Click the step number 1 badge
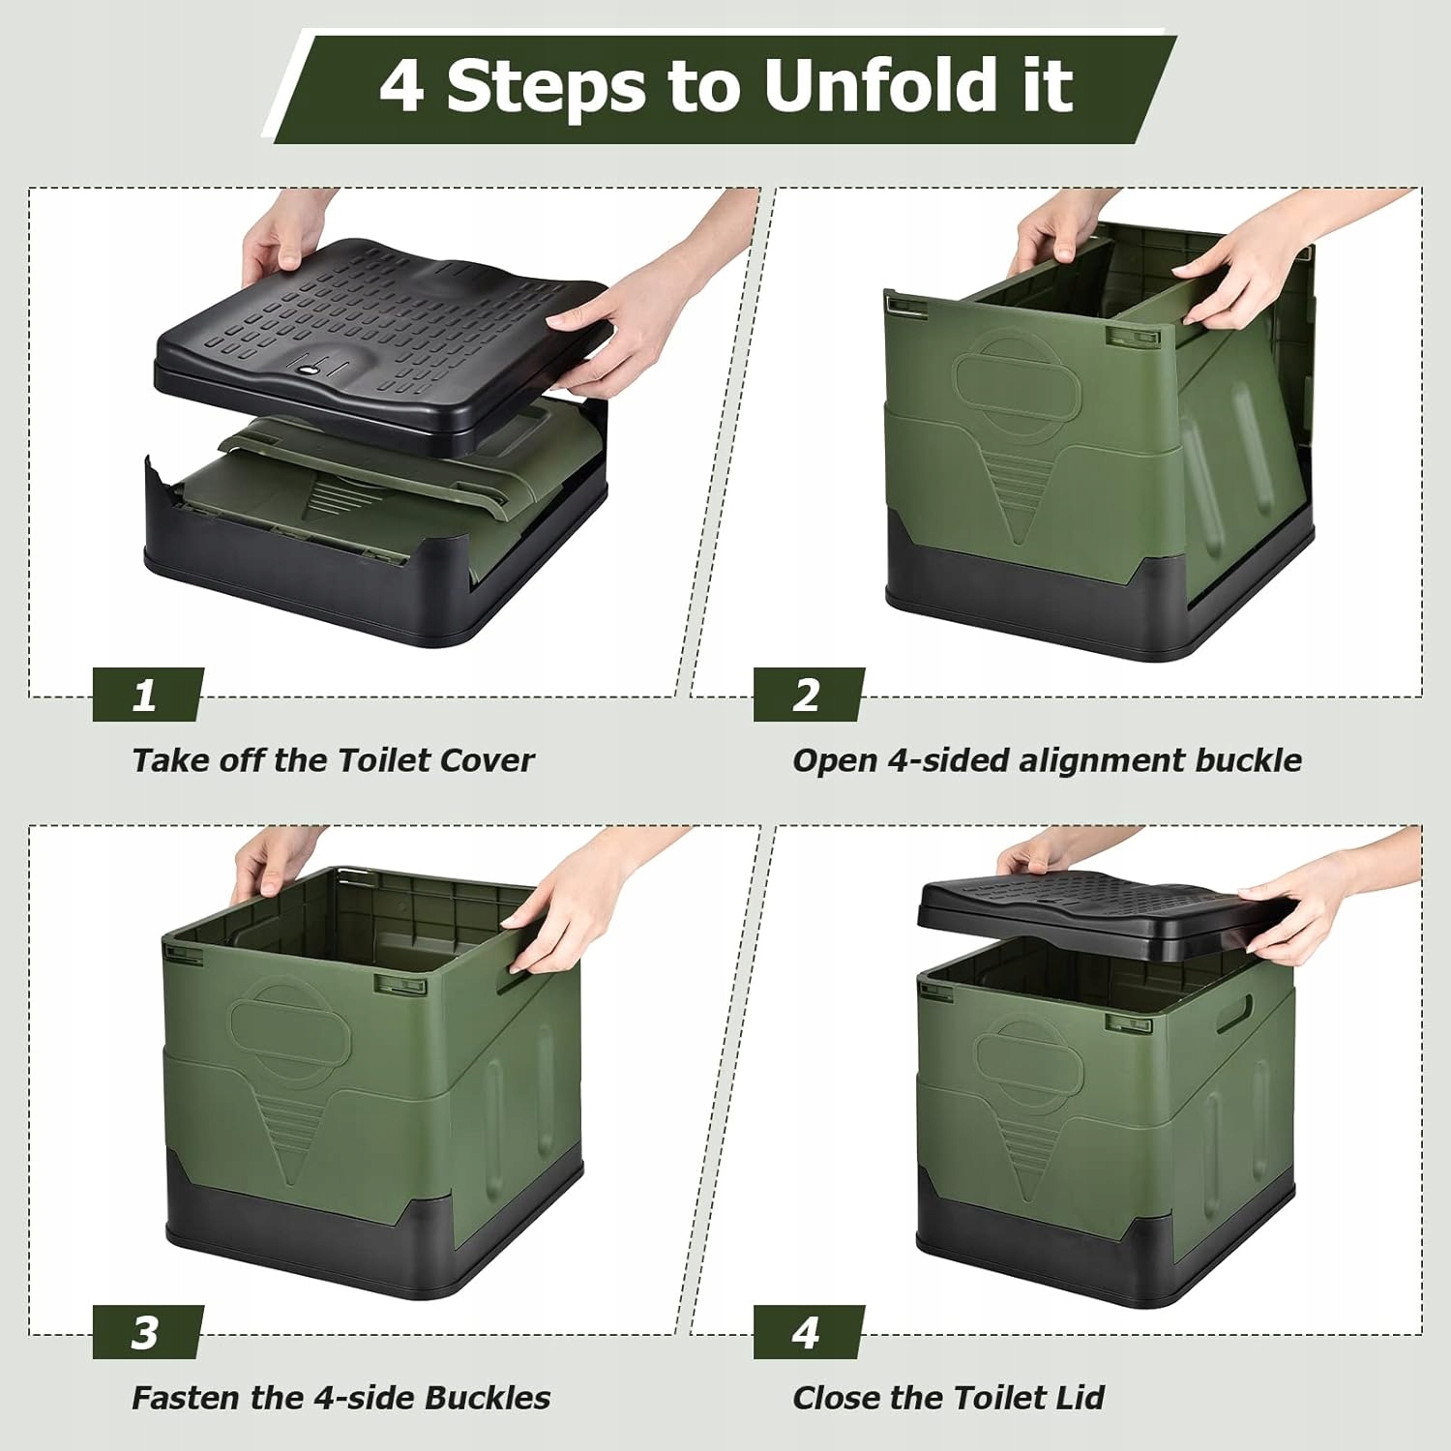147,695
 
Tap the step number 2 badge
808,695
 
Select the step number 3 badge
147,1332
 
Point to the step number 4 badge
808,1332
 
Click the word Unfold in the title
880,85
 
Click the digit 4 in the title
401,85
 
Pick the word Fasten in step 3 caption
186,1398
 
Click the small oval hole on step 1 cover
308,369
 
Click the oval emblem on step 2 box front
1017,372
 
